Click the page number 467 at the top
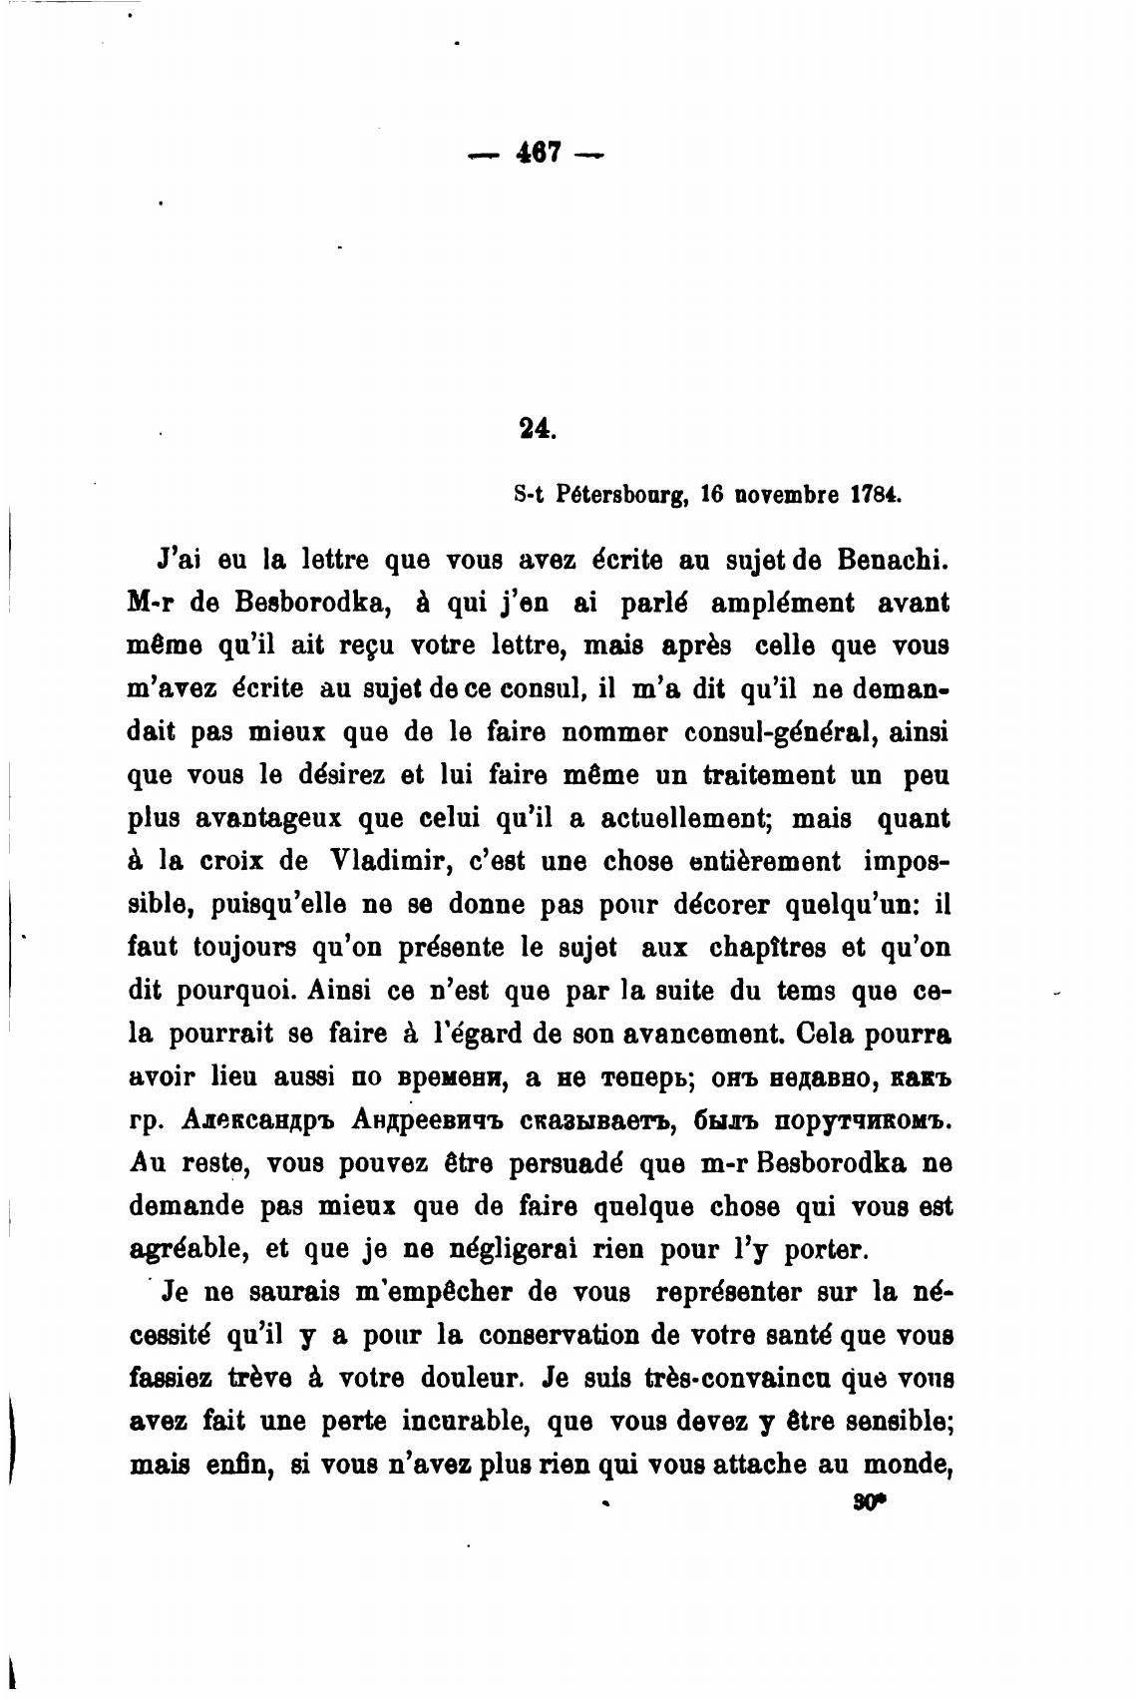538,155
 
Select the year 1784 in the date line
876,494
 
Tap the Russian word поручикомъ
863,1120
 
